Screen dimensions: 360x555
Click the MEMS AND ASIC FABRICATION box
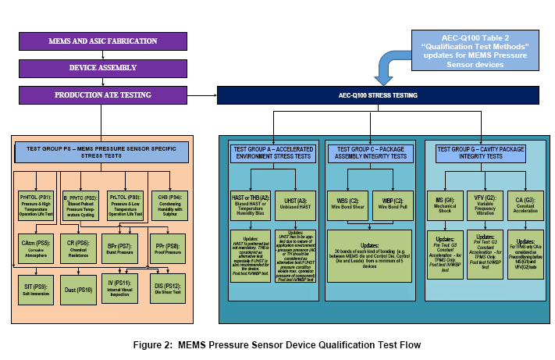pos(101,41)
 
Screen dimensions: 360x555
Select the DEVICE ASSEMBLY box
pos(101,68)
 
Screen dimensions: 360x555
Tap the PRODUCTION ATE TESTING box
pos(101,95)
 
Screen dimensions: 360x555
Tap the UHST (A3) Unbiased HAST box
pos(295,202)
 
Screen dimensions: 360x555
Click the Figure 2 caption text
pos(278,344)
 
